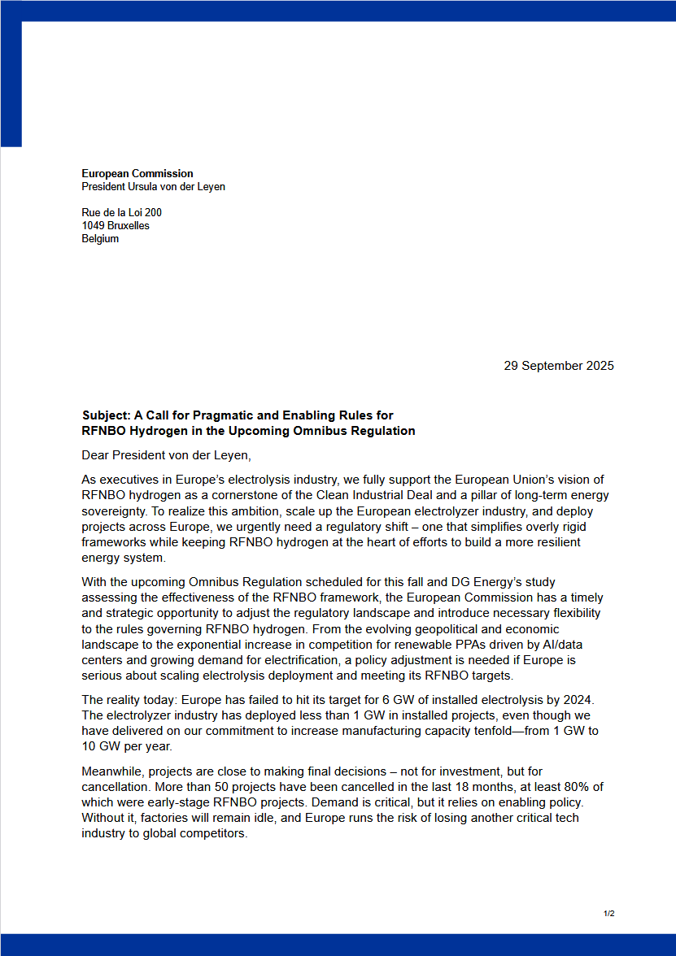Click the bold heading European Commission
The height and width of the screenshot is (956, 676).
click(x=137, y=173)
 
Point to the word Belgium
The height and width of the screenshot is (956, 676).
click(x=100, y=238)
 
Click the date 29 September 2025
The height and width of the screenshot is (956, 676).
click(x=559, y=366)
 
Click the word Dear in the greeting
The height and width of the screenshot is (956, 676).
click(x=96, y=455)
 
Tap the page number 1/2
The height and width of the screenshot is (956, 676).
click(x=608, y=914)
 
